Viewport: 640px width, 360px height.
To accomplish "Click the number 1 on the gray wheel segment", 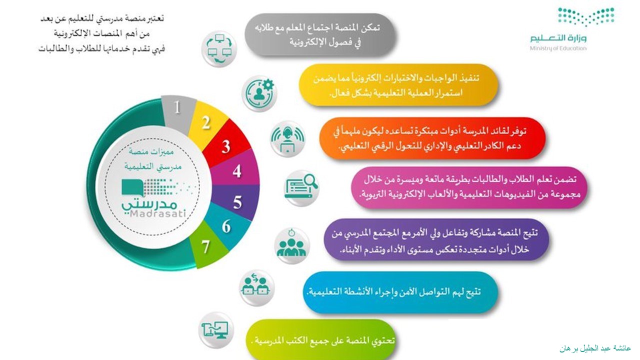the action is (x=177, y=107).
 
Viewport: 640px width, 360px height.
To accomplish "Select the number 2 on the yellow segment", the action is (x=206, y=123).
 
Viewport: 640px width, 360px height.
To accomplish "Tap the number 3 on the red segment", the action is (x=225, y=146).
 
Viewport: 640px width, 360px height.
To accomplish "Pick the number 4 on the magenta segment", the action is (x=237, y=171).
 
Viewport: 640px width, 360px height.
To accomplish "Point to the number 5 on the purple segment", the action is (x=237, y=202).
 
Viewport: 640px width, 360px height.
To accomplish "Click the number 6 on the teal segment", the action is (x=226, y=226).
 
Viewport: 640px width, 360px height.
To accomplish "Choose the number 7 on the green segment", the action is (x=205, y=247).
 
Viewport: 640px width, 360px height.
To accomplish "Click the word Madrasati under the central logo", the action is (x=158, y=213).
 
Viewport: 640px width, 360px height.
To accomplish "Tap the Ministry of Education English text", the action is (x=558, y=48).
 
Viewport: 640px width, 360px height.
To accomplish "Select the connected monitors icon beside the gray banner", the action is (x=219, y=49).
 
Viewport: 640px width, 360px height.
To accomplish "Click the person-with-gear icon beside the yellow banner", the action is (x=259, y=93).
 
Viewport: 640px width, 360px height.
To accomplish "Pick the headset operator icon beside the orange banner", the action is (x=287, y=139).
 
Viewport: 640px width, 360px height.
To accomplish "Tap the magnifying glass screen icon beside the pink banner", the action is (x=301, y=187).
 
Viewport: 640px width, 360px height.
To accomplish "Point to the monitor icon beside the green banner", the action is (x=215, y=330).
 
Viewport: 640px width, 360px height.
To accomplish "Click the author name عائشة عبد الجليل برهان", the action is (x=595, y=348).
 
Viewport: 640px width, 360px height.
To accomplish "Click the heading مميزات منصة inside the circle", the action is (x=151, y=151).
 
